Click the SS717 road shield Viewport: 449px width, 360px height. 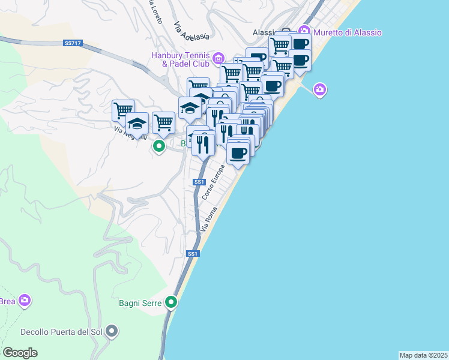(x=71, y=43)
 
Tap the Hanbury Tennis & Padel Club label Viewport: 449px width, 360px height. (x=180, y=59)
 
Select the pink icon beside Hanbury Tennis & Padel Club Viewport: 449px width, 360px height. (x=218, y=58)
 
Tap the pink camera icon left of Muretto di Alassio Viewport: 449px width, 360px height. (x=304, y=31)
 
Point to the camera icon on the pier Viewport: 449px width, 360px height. (x=320, y=90)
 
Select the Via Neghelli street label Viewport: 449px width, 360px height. (x=130, y=132)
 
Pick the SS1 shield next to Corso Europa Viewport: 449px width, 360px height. (x=199, y=182)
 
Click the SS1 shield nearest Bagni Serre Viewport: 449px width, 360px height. (x=192, y=254)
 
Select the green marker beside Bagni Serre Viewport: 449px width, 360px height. (x=172, y=302)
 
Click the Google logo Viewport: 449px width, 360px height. (x=20, y=353)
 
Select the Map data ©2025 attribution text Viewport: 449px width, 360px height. (x=424, y=355)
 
